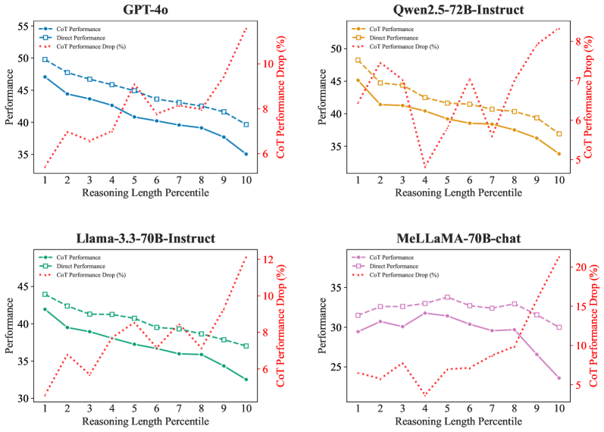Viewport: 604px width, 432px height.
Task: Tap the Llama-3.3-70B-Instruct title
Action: [146, 238]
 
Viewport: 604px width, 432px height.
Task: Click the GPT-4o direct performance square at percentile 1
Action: [45, 59]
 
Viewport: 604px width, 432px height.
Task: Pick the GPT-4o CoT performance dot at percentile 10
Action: [246, 154]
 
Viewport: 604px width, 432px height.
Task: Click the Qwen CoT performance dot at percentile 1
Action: [358, 80]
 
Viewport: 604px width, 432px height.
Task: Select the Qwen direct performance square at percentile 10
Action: [559, 133]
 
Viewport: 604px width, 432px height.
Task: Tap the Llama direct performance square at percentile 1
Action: [45, 294]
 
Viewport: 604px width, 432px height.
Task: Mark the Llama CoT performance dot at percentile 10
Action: [246, 379]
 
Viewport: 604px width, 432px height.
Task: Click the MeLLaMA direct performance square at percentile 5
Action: [447, 297]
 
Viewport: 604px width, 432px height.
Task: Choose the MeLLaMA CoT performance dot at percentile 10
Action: [559, 377]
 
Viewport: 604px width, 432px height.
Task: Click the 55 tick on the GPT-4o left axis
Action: [22, 26]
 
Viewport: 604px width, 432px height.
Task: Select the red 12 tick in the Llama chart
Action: [268, 259]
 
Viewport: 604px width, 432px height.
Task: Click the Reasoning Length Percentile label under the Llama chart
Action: [146, 421]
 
